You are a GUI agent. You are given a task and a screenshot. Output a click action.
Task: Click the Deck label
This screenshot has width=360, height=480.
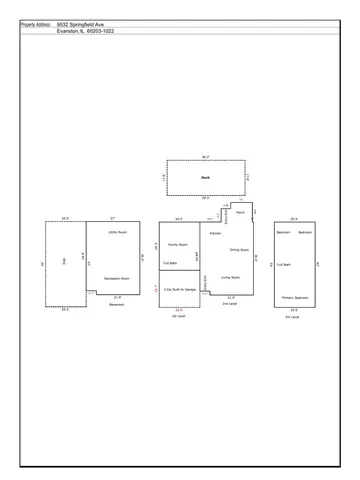204,177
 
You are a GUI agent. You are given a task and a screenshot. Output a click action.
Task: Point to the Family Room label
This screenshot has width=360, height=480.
178,244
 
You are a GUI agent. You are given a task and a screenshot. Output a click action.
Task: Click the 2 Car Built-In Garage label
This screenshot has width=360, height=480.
180,287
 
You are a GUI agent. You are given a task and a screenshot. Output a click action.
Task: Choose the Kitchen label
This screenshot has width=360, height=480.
214,233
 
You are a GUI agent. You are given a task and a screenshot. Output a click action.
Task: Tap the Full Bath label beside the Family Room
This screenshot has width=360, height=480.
170,263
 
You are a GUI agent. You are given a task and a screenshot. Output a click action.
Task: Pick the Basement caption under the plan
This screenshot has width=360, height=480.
116,304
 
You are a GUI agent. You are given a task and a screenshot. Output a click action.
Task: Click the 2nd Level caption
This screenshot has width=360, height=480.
229,303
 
